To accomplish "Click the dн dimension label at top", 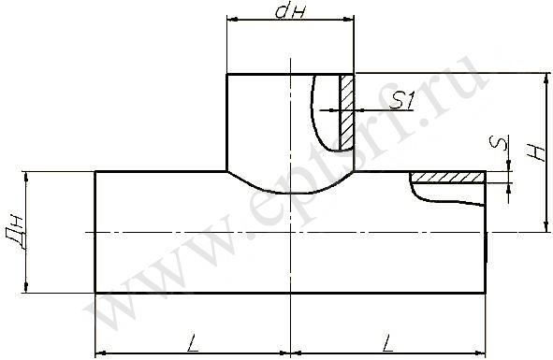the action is tap(289, 11).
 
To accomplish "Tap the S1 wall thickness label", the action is tap(401, 102).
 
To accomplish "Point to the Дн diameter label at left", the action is tap(15, 233).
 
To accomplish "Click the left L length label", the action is tap(192, 343).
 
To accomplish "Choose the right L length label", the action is tap(387, 343).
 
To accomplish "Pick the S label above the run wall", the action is tap(498, 143).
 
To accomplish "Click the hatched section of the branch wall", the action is tap(347, 111).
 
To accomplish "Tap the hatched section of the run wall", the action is tap(448, 177).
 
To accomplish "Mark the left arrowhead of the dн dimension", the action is tap(231, 20).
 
